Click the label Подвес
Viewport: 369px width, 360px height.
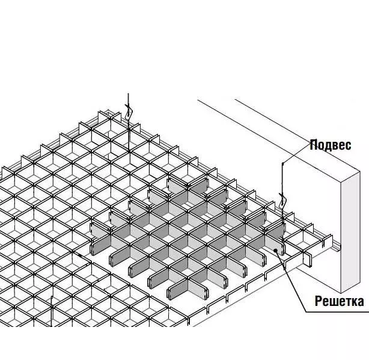point(331,145)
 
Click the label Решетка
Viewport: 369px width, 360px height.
point(340,301)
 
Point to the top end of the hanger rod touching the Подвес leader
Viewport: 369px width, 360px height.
point(282,163)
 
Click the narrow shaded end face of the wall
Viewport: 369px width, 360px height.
point(350,232)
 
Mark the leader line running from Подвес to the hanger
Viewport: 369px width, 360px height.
point(296,153)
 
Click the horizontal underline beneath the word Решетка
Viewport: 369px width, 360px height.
point(338,313)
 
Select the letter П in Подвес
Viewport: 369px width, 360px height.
point(314,144)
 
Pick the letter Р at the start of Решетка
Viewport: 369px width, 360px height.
point(319,301)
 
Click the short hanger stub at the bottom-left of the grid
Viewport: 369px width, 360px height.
point(51,311)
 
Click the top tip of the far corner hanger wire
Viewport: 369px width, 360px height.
point(128,94)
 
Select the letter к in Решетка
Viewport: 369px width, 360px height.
point(352,302)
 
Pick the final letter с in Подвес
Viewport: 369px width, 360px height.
point(348,145)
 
